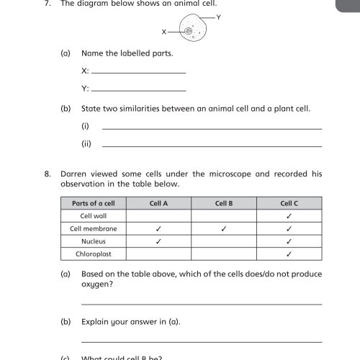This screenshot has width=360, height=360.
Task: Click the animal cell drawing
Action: click(x=191, y=32)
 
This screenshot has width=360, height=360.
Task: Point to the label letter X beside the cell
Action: click(x=164, y=32)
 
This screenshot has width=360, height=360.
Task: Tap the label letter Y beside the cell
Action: click(x=218, y=15)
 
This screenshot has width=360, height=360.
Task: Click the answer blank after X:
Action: click(x=139, y=72)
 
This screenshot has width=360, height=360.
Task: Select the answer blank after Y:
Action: click(x=139, y=90)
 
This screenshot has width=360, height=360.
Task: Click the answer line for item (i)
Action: click(x=212, y=128)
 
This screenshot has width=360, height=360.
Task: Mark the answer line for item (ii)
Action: click(x=212, y=145)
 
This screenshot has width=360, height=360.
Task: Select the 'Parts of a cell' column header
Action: click(x=94, y=203)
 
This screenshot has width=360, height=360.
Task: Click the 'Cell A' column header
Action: click(x=158, y=203)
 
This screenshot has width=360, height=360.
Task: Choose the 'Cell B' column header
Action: click(x=224, y=203)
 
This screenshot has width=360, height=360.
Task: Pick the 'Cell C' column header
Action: click(x=289, y=203)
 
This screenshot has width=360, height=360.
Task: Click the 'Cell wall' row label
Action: click(x=94, y=216)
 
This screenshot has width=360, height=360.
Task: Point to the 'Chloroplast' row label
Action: click(x=94, y=254)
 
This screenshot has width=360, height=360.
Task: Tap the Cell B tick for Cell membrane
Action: click(x=224, y=229)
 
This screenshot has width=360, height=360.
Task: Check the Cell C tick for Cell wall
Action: click(x=289, y=216)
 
